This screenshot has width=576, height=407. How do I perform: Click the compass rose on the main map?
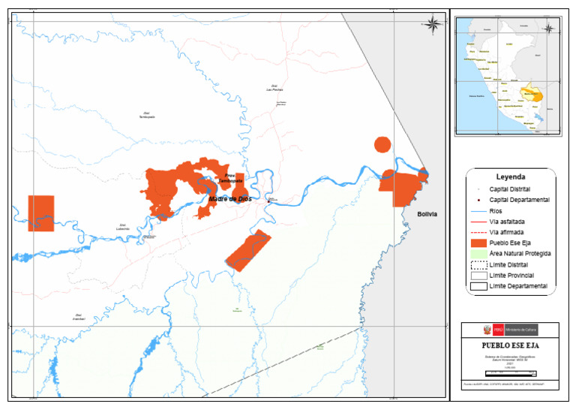point(433,24)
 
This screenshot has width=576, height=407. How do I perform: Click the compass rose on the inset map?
point(548,29)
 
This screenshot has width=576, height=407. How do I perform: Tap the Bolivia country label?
point(427,215)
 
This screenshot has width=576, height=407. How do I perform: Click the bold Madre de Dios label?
point(230,199)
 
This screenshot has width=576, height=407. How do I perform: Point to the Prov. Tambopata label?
point(229,179)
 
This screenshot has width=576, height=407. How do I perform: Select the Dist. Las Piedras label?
point(274,88)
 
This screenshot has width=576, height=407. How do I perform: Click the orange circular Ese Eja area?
point(382,145)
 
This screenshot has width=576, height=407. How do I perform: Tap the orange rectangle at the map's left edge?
point(41,213)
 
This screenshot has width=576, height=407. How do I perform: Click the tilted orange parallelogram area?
point(247,251)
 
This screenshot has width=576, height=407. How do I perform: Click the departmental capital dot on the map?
point(268,200)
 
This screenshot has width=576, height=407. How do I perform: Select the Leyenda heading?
point(511,177)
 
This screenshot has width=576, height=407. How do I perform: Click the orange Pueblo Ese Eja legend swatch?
point(479,243)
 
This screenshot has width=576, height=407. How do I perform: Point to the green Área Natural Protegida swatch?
point(479,254)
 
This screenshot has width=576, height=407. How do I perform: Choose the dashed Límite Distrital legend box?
point(479,265)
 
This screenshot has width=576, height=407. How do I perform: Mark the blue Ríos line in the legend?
point(479,211)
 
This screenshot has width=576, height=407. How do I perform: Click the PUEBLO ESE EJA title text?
point(510,345)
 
